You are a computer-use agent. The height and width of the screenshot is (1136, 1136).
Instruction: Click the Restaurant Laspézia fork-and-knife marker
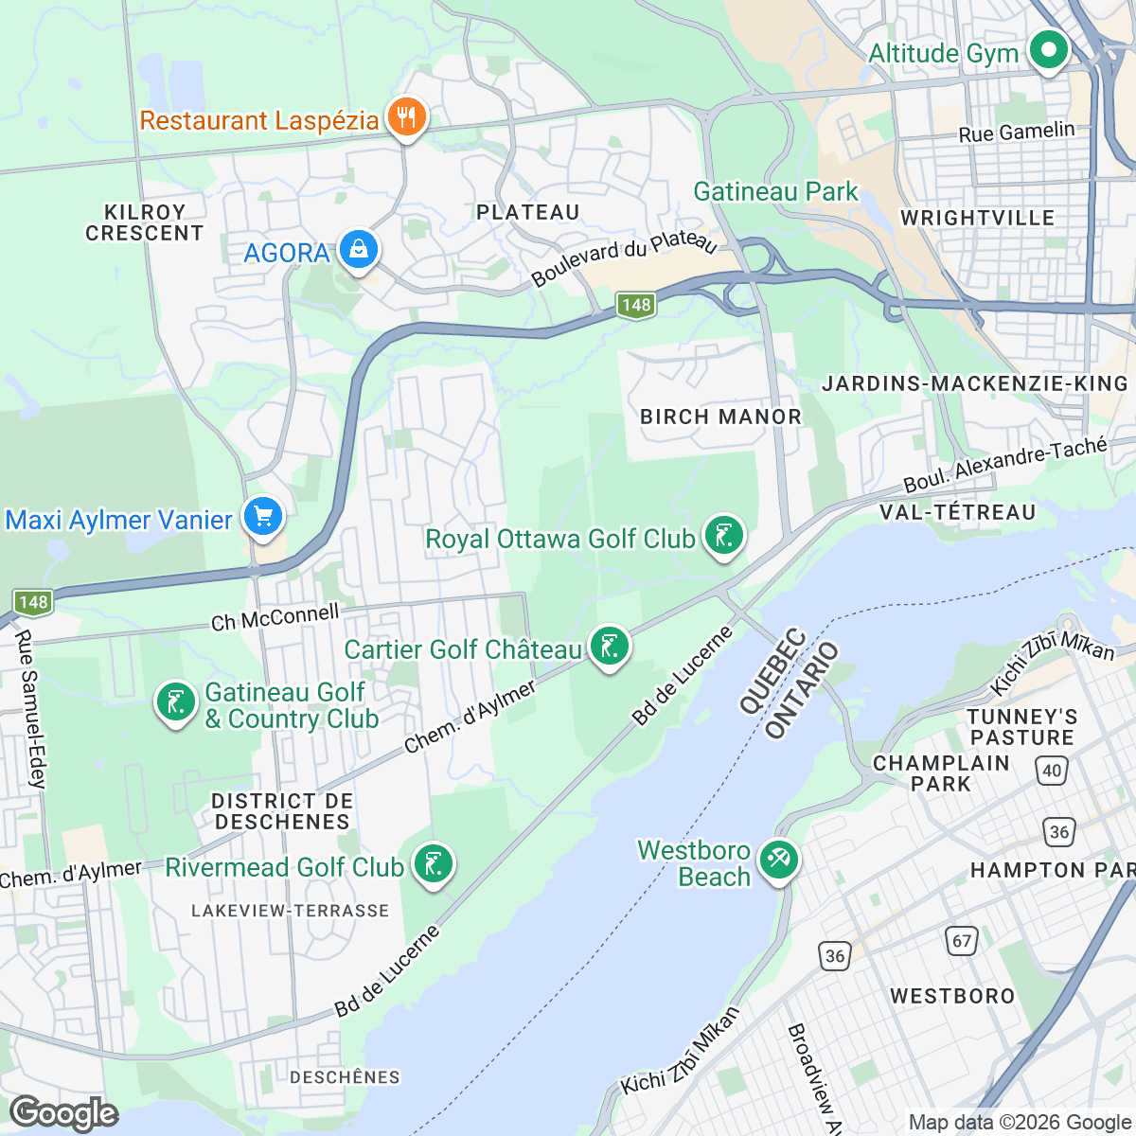pyautogui.click(x=408, y=118)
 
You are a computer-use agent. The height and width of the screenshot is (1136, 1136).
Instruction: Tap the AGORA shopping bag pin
pyautogui.click(x=359, y=251)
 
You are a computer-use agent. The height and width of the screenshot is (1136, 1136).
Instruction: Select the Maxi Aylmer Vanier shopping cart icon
pyautogui.click(x=263, y=517)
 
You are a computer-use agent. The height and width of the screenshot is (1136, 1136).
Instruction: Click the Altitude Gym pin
pyautogui.click(x=1048, y=50)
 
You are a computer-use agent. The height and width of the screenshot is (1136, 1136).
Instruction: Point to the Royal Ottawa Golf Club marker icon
pyautogui.click(x=724, y=537)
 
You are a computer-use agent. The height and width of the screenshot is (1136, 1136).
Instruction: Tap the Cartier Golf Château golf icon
pyautogui.click(x=609, y=648)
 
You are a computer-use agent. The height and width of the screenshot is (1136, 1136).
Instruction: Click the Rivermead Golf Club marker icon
pyautogui.click(x=434, y=865)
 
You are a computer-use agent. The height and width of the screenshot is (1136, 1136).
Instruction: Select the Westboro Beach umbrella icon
pyautogui.click(x=778, y=861)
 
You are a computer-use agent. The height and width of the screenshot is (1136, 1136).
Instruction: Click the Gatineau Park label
pyautogui.click(x=775, y=191)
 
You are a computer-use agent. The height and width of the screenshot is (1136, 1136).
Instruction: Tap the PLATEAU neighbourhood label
pyautogui.click(x=527, y=212)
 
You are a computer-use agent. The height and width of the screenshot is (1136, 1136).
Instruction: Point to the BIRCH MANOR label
pyautogui.click(x=720, y=417)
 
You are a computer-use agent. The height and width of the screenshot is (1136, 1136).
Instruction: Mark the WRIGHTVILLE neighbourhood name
pyautogui.click(x=977, y=218)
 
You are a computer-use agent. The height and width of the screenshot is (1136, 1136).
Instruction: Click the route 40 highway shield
pyautogui.click(x=1052, y=771)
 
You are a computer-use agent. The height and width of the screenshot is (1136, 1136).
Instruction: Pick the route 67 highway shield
pyautogui.click(x=962, y=940)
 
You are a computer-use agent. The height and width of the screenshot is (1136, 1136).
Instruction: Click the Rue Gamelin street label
pyautogui.click(x=1017, y=133)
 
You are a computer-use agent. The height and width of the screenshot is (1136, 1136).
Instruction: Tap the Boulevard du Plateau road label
pyautogui.click(x=624, y=257)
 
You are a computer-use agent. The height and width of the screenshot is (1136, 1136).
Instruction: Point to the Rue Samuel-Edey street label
pyautogui.click(x=29, y=709)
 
